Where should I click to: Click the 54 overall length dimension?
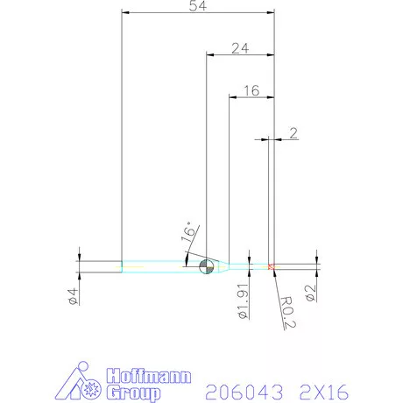(x=198, y=7)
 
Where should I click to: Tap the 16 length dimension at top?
(x=251, y=89)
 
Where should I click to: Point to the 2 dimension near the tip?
(x=293, y=133)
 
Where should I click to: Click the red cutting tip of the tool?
(x=272, y=265)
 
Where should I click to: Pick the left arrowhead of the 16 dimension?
(x=232, y=96)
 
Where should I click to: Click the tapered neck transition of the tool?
(x=223, y=265)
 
